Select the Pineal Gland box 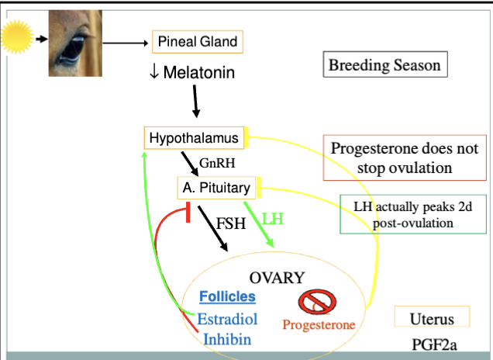[x=198, y=41]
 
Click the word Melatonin [x=198, y=73]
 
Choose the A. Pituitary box [x=216, y=187]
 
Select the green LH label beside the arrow [x=273, y=220]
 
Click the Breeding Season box [x=384, y=64]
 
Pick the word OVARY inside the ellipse [x=277, y=278]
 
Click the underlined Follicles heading [x=227, y=296]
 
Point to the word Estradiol [x=227, y=318]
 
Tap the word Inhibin [x=227, y=338]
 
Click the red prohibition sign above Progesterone [x=314, y=302]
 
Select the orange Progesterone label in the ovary [x=319, y=325]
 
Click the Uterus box [x=432, y=318]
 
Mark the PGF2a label [x=432, y=343]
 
